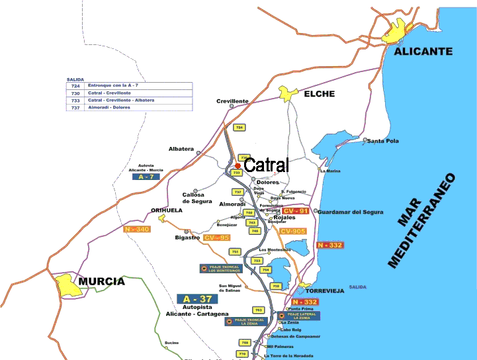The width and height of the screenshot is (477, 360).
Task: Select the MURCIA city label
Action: pos(101,281)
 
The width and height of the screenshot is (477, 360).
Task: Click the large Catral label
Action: pos(267,165)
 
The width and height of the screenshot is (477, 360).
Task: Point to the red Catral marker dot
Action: pos(238,166)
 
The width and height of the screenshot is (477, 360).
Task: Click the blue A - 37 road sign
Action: pos(196,299)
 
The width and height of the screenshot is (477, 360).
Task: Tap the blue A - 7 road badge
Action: pos(146,177)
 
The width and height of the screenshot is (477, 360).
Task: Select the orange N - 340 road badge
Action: pos(137,229)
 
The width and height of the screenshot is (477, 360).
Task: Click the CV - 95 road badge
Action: pos(216,238)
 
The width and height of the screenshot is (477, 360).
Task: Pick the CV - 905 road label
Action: pos(293,231)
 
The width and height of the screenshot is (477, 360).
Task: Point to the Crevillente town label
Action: pos(233,101)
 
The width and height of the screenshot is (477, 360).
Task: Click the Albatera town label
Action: pos(181,149)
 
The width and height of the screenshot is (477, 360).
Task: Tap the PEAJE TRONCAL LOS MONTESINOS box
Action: pos(221,269)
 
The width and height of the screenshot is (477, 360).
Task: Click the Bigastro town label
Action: pos(187,237)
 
